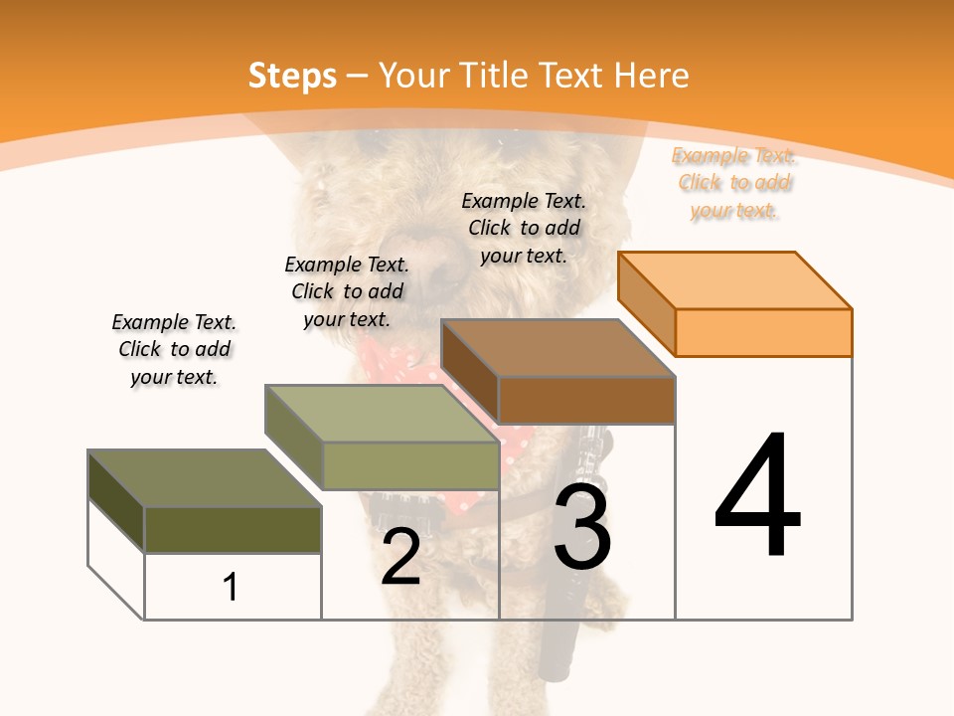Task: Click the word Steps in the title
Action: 292,76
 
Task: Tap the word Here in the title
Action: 651,76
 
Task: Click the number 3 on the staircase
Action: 582,527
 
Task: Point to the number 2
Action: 400,557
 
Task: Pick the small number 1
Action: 231,587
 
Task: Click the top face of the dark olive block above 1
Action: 205,478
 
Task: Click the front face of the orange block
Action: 763,332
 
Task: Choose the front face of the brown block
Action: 586,400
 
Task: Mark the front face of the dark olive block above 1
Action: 233,529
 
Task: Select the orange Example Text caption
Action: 733,183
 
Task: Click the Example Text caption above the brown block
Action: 524,228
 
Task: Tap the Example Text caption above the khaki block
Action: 347,291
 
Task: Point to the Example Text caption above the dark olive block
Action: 174,349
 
